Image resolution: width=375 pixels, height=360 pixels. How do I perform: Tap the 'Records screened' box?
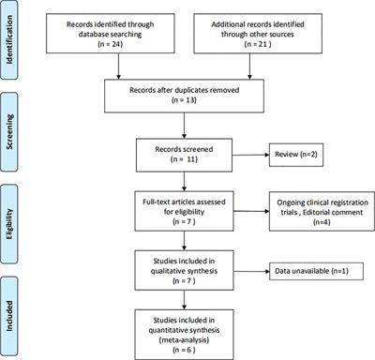tap(187, 155)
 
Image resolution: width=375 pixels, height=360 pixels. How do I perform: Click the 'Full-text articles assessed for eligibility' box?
tap(187, 207)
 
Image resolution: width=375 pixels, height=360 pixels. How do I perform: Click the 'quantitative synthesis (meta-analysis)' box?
tap(187, 327)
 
